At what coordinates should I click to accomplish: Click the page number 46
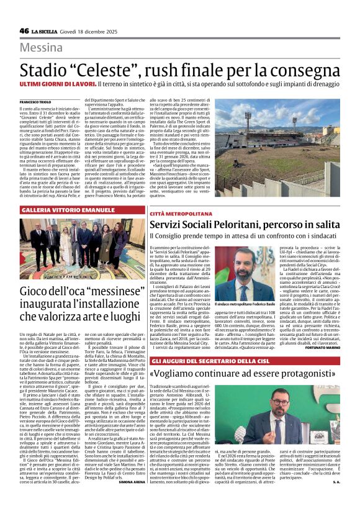click(x=24, y=31)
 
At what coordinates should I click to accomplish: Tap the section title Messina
click(x=45, y=48)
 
